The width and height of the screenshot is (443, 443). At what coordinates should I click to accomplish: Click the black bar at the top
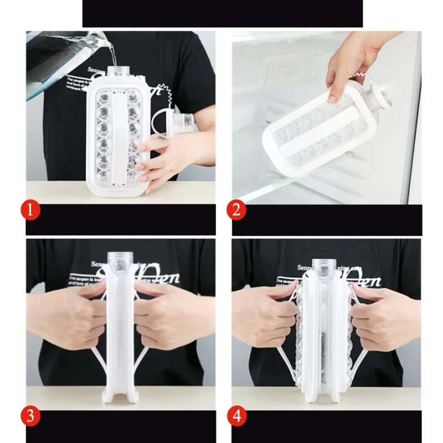222,13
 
